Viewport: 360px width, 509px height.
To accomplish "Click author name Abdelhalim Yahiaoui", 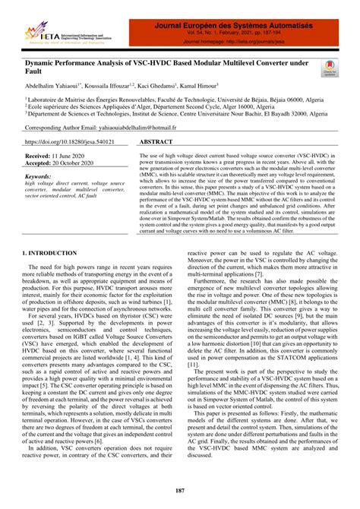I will tap(52, 86).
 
